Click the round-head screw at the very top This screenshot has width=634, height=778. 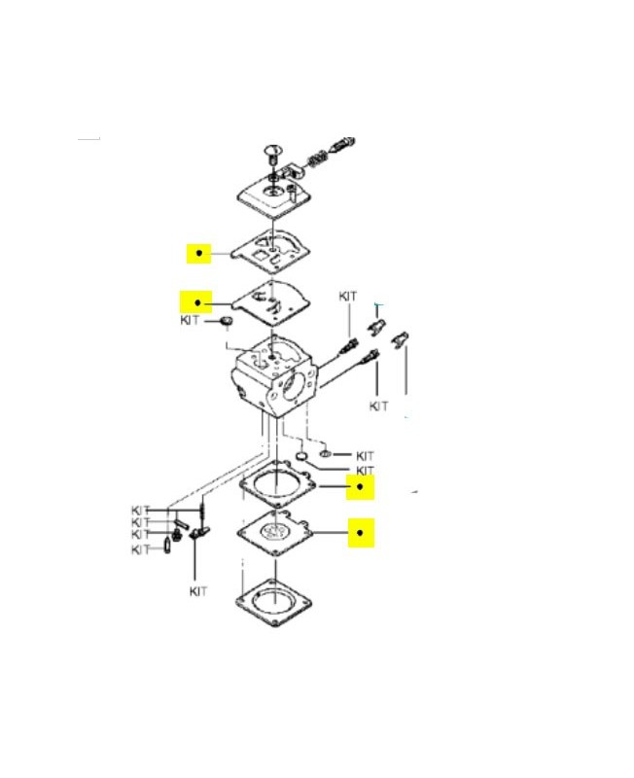pos(272,153)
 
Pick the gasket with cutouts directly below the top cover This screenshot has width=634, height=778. pos(271,251)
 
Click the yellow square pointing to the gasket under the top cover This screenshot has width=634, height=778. pos(199,253)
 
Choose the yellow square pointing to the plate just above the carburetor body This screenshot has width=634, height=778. pos(196,302)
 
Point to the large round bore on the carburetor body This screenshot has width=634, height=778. pos(297,386)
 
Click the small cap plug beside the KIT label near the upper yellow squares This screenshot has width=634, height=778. pos(227,321)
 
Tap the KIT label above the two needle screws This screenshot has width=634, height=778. pos(348,297)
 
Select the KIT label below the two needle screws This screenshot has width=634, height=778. pos(378,407)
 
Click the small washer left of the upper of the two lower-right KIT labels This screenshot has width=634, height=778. pos(326,453)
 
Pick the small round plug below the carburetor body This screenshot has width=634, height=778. pos(301,456)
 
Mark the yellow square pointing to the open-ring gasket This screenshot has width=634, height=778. pos(360,487)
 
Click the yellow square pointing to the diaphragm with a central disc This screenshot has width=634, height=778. pos(360,532)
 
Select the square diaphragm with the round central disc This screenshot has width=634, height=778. pos(275,533)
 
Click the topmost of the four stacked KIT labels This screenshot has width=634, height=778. pos(140,510)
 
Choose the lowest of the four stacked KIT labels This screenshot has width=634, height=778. pos(140,549)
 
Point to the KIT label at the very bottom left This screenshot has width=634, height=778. pos(198,591)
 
